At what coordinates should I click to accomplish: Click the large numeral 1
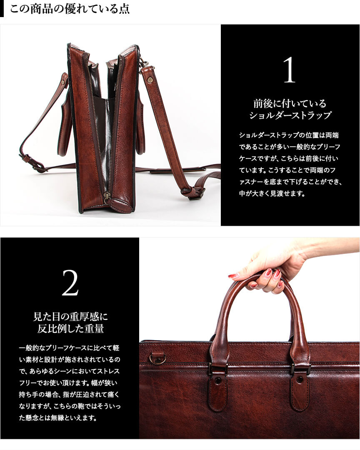(290, 70)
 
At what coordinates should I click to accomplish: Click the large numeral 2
(70, 283)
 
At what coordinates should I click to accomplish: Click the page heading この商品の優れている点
(70, 9)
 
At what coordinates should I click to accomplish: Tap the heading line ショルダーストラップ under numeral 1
(290, 115)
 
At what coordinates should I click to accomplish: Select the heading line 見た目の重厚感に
(70, 317)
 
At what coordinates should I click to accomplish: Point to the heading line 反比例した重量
(70, 329)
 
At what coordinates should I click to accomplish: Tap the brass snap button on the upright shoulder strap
(150, 81)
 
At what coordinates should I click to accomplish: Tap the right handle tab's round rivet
(300, 380)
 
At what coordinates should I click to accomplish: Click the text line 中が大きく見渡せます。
(272, 194)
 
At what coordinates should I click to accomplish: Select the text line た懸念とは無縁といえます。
(58, 418)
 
